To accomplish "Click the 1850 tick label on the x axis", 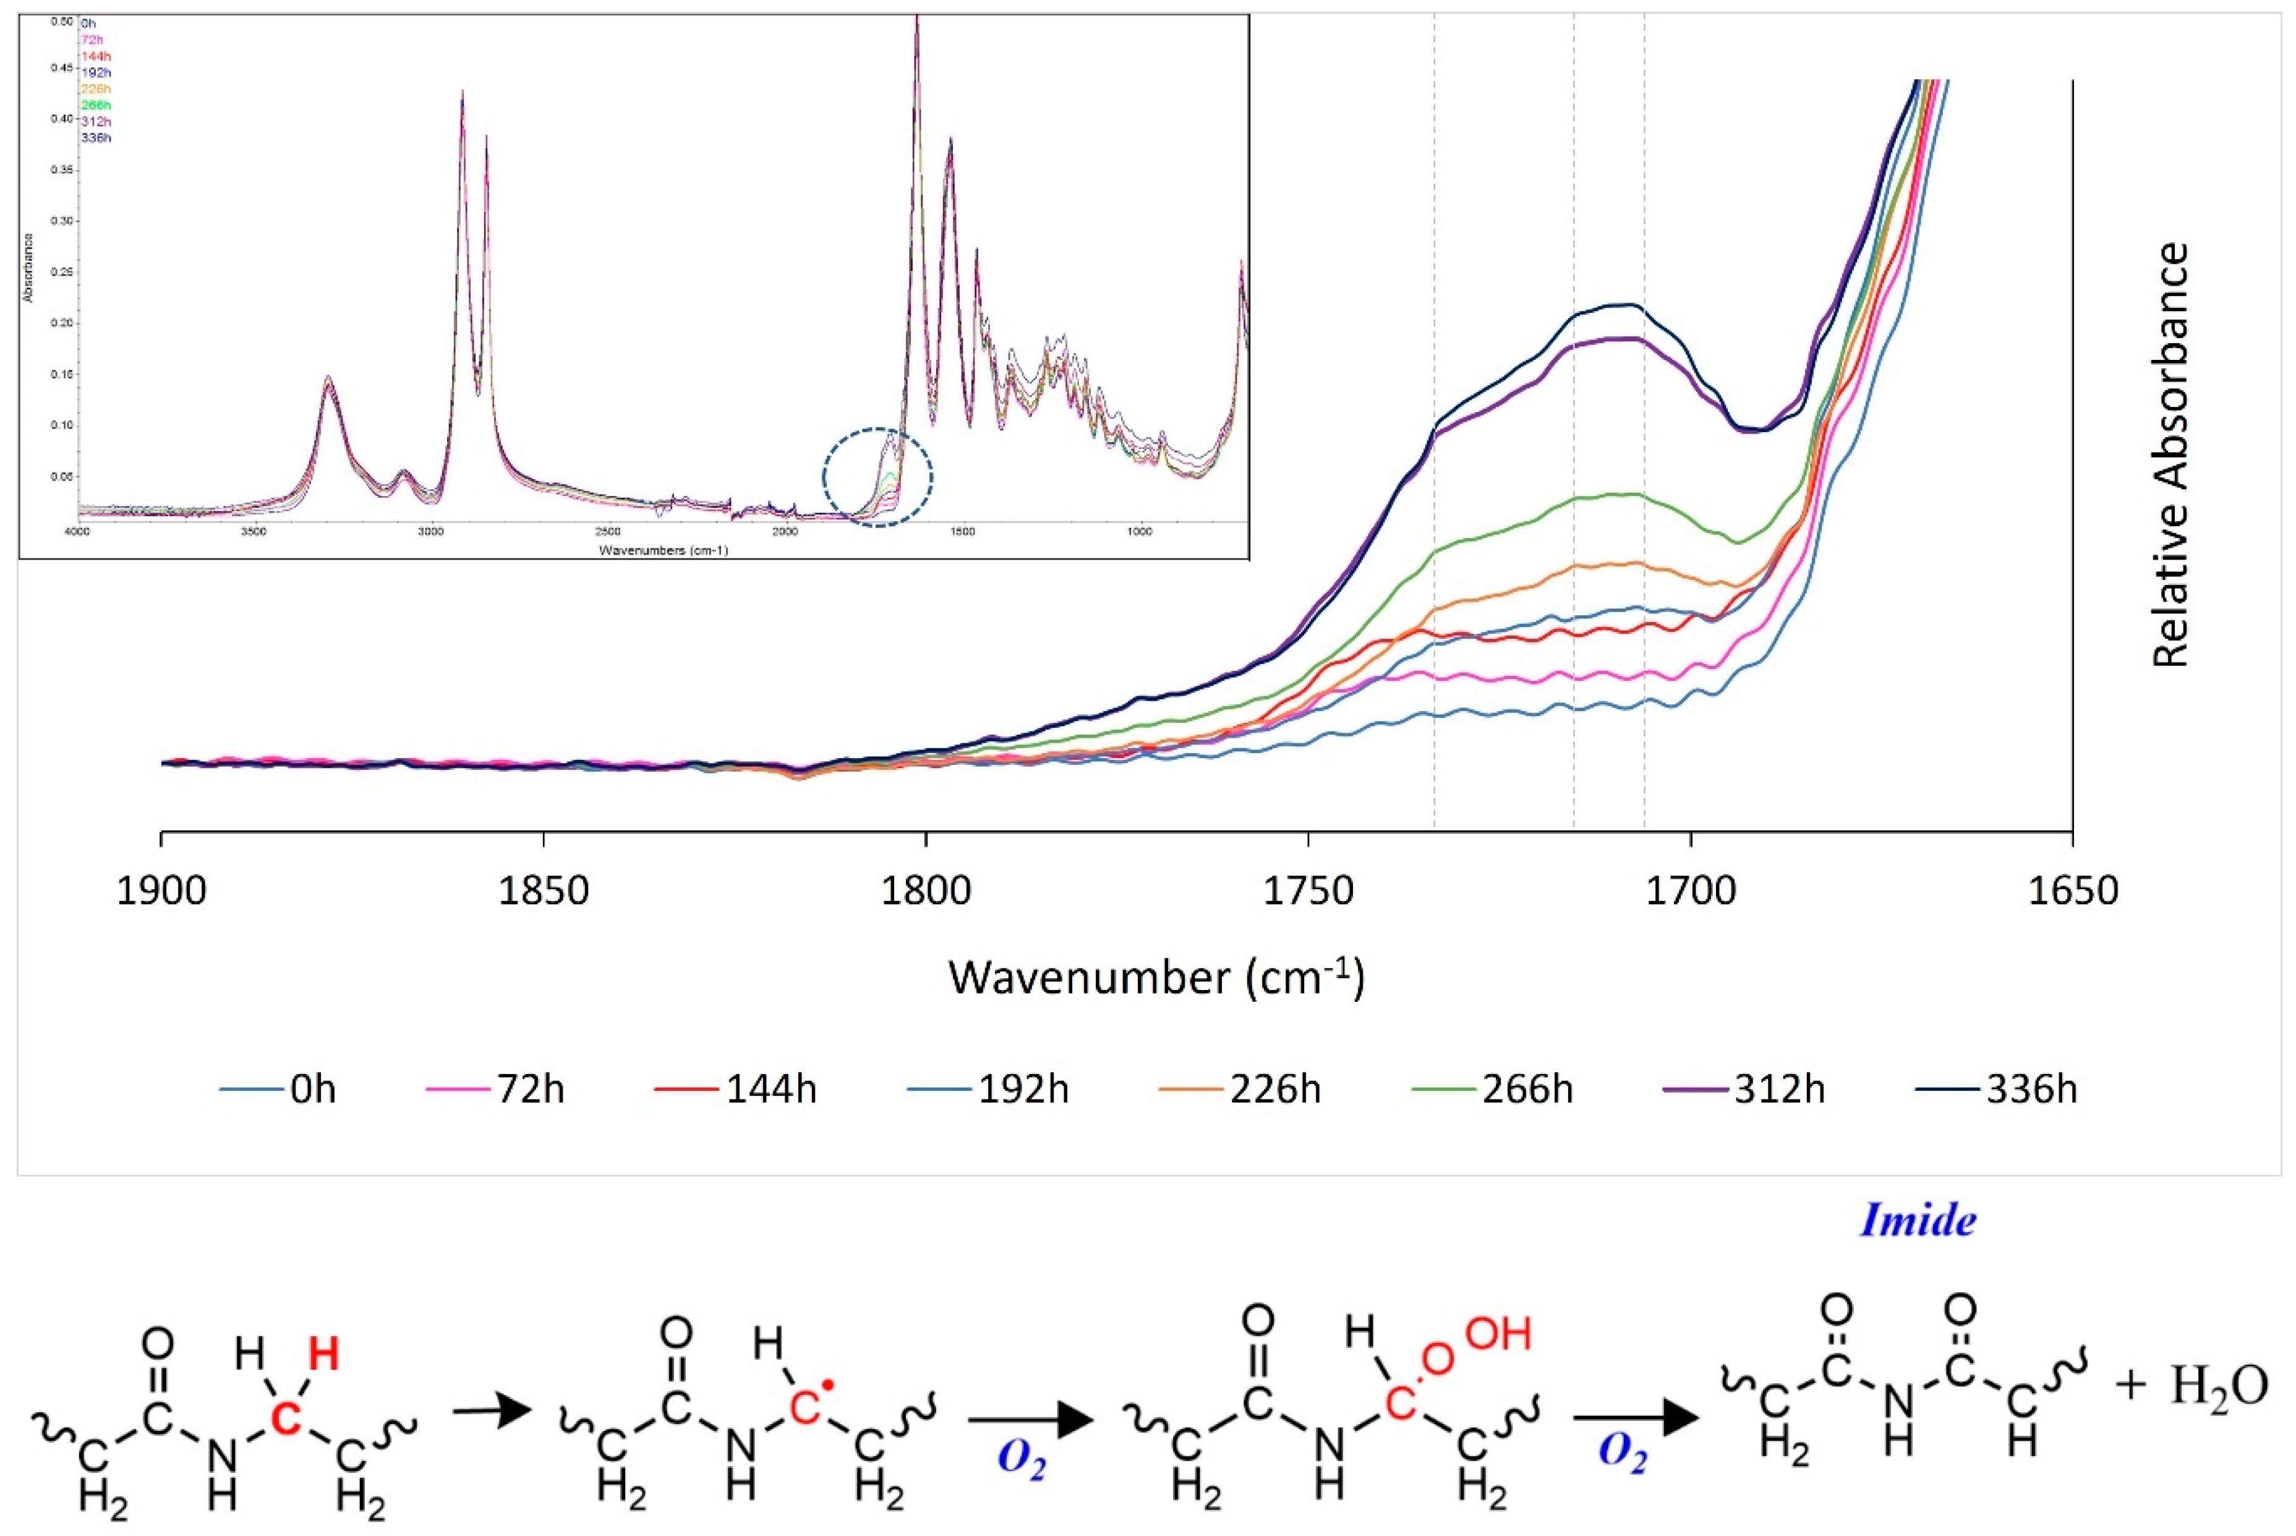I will click(543, 892).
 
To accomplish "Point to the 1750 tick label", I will click(1308, 892).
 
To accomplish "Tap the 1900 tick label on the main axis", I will click(161, 892).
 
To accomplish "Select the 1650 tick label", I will click(2073, 892).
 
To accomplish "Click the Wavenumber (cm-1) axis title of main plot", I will click(1156, 979).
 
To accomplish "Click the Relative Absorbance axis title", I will click(2170, 456).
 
